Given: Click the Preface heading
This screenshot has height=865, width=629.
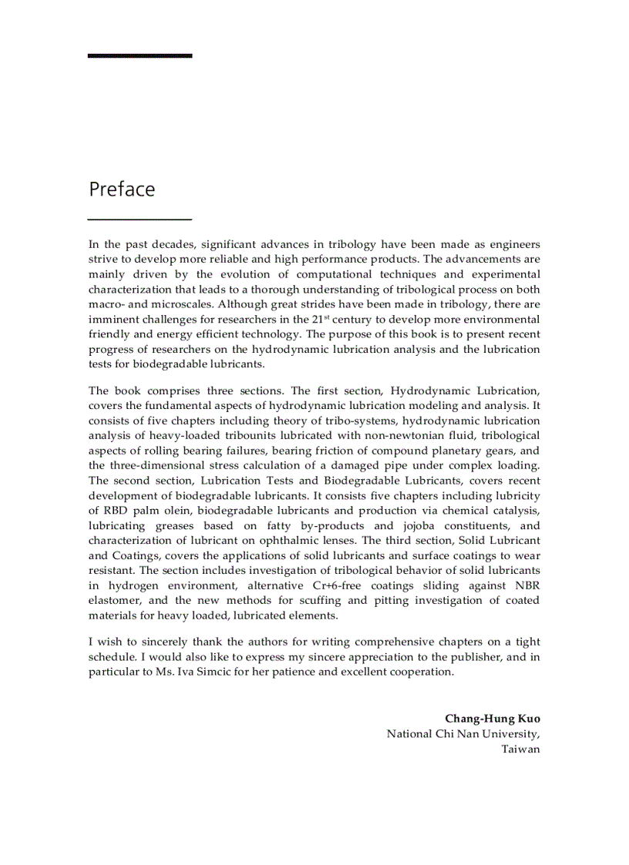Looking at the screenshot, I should [x=122, y=189].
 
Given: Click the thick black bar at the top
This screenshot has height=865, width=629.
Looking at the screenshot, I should [x=140, y=55].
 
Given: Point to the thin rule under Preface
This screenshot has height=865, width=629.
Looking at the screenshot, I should [x=140, y=220].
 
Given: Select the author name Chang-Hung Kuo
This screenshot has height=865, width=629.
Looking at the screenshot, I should [x=492, y=719].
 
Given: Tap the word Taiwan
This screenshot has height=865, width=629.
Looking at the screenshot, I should [x=520, y=749].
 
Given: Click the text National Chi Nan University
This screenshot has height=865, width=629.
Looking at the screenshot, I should [x=462, y=734].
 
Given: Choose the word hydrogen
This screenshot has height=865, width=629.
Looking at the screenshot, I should [x=129, y=585].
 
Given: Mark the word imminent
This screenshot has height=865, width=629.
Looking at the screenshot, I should [x=115, y=319].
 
